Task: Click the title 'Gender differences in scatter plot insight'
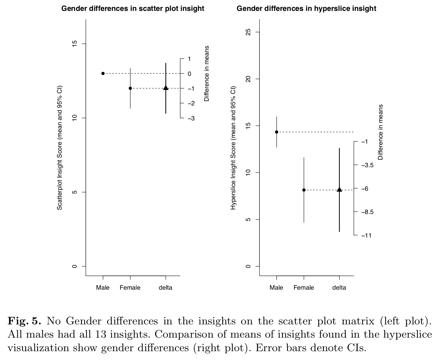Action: [133, 9]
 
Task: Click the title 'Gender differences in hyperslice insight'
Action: [306, 9]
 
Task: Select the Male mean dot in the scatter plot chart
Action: [103, 73]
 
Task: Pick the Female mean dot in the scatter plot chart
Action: [130, 88]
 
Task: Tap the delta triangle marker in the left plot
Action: [166, 88]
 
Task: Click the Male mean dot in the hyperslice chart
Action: [276, 132]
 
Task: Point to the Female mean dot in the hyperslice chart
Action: [304, 190]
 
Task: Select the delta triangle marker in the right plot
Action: [339, 190]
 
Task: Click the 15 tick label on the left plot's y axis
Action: [75, 44]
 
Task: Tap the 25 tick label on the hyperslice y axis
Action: [248, 32]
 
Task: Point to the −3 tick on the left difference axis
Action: [191, 118]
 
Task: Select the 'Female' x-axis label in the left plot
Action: [130, 288]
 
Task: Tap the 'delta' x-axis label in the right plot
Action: [339, 288]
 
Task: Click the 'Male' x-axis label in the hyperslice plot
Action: [276, 288]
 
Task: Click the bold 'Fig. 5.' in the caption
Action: [24, 321]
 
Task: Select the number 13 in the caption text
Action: [102, 334]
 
